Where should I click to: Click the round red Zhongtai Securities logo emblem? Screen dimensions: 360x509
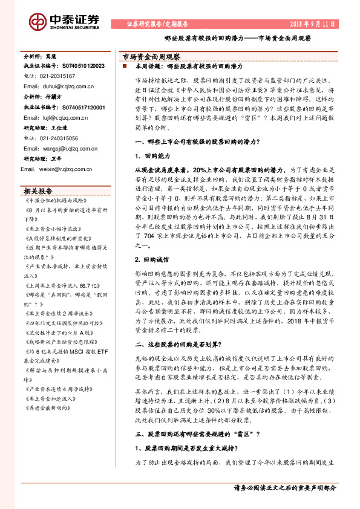coord(38,22)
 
